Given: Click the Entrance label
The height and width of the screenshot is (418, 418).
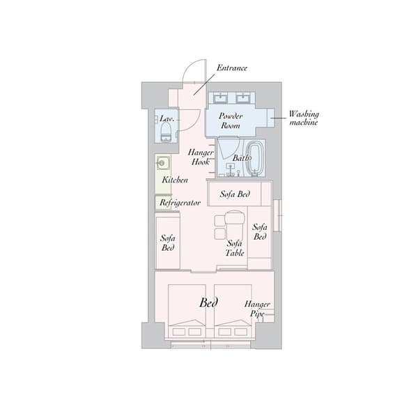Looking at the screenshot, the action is tap(232, 68).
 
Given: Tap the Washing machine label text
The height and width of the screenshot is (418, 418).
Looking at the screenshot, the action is tap(304, 118).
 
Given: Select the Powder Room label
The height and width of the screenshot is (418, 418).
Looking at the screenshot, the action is tap(231, 121).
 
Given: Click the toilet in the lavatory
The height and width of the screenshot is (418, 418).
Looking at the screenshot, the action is tap(166, 132).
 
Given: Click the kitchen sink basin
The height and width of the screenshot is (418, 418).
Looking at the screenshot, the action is tap(162, 162).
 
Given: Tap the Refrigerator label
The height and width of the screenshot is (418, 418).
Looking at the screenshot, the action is tap(180, 203).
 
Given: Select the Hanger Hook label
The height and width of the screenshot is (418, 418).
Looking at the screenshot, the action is tap(201, 157).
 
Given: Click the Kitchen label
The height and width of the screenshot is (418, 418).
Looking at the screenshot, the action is tap(175, 180).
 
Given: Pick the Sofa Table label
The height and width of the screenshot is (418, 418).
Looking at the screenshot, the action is tap(235, 248).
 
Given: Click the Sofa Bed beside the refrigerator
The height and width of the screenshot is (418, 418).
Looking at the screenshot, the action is tap(168, 243).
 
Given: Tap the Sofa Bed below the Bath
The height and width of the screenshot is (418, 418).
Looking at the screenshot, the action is tap(235, 194).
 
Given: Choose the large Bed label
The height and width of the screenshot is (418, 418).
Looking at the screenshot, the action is tap(208, 303).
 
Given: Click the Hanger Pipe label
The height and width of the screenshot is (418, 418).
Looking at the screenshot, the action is tap(257, 309).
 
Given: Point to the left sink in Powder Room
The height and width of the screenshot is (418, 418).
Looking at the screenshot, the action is tap(220, 98).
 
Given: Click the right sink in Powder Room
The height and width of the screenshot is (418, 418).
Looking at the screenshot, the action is tap(242, 98).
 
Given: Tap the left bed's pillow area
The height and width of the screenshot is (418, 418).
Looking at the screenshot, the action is tap(187, 332).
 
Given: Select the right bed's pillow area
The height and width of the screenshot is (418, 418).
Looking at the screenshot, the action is tap(233, 332).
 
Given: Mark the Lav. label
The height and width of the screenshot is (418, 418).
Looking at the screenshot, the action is tap(167, 118).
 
